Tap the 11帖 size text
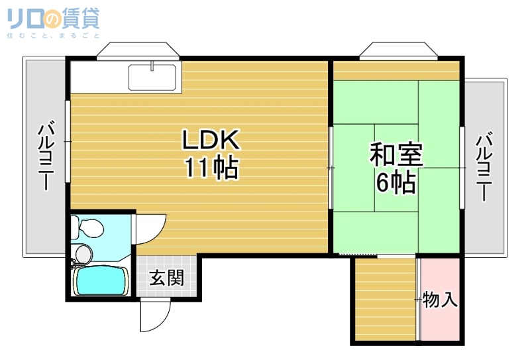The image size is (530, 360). (211, 169)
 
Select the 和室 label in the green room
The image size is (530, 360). (396, 154)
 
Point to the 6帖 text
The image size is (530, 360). (396, 182)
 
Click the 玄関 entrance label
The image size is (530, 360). (166, 278)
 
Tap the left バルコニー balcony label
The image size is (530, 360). (46, 156)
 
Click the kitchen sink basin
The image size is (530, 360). (152, 78)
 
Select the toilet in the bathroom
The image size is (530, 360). (88, 228)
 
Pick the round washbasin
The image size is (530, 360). (82, 253)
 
